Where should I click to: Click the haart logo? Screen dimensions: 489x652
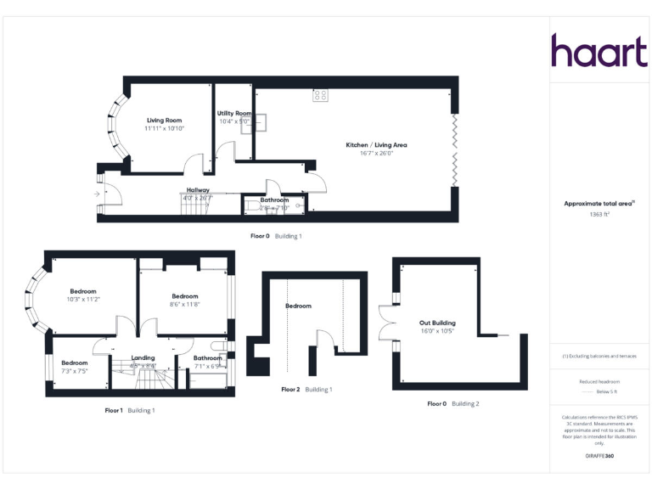click(x=599, y=51)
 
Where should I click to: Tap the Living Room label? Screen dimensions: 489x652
click(x=165, y=120)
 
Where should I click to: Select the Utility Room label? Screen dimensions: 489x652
click(x=235, y=113)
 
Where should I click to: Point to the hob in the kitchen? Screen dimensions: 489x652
click(x=320, y=96)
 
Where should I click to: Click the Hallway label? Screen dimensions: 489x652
click(x=198, y=190)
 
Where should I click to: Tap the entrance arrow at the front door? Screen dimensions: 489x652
click(x=97, y=194)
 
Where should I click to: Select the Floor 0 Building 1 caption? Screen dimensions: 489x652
click(x=276, y=235)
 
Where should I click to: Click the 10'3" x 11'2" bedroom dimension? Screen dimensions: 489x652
click(x=84, y=299)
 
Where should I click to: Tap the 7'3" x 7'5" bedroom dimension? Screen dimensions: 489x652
click(x=75, y=371)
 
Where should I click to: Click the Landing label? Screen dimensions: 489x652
click(x=143, y=358)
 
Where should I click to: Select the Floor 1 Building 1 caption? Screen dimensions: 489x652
click(x=130, y=410)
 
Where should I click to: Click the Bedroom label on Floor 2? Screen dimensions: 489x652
click(x=298, y=306)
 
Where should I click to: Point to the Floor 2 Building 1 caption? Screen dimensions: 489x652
click(x=306, y=390)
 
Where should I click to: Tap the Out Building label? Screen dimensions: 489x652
click(x=437, y=323)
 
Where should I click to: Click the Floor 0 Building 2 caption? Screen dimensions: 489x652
click(x=453, y=404)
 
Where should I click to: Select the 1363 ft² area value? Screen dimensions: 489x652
click(x=600, y=215)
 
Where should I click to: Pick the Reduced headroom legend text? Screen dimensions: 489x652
click(x=600, y=382)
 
